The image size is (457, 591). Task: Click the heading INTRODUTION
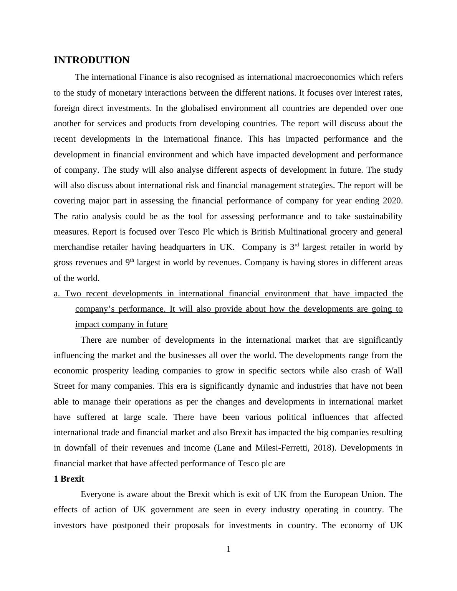tap(91, 60)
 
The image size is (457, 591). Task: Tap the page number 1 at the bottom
tap(228, 549)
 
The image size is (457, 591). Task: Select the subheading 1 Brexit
tap(69, 479)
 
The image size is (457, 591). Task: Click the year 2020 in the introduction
tap(392, 201)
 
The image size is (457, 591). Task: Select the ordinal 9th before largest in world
tap(129, 262)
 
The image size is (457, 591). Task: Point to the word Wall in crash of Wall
tap(394, 371)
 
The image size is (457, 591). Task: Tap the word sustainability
tap(378, 216)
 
